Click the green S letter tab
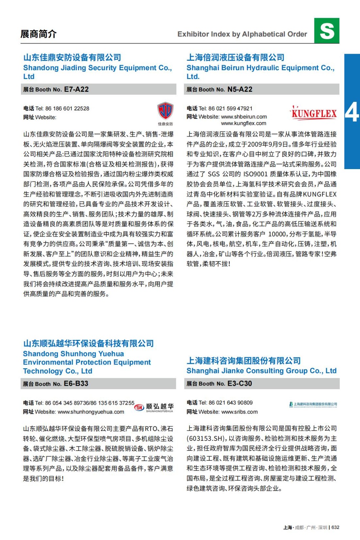coord(327,31)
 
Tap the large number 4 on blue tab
coord(352,112)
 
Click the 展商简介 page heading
coord(38,34)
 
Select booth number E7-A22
coord(76,89)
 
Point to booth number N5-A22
coord(240,89)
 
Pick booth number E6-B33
coord(76,384)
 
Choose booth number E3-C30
coord(239,384)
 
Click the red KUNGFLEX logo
coord(314,113)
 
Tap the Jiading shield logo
coord(165,111)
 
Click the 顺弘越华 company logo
coord(154,407)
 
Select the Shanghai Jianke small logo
coord(313,404)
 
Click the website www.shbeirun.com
coord(244,117)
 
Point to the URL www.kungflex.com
coord(243,124)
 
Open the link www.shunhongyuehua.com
coord(91,412)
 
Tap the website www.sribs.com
coord(239,412)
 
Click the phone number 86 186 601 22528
coord(67,109)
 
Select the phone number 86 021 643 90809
coord(231,403)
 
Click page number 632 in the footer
coord(335,528)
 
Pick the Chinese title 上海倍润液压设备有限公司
coord(235,58)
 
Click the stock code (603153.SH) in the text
coord(206,439)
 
